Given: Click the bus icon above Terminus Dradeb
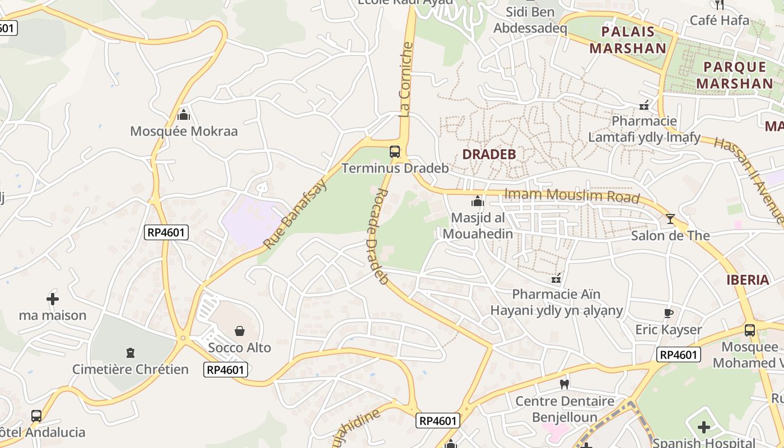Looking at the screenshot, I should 395,151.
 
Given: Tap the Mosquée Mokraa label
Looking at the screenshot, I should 184,132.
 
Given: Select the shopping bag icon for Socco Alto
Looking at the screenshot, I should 240,331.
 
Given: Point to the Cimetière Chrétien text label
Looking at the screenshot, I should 130,369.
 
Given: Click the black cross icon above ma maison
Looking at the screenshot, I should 53,299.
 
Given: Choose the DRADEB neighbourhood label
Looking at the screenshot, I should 489,154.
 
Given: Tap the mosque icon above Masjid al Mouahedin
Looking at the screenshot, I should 478,201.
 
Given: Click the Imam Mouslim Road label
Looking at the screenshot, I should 572,195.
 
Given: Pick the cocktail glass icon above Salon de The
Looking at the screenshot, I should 670,218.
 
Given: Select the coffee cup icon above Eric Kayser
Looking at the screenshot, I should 668,313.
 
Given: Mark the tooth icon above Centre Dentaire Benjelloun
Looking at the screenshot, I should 564,384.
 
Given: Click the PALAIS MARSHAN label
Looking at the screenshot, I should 628,40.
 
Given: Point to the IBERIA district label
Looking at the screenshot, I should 748,280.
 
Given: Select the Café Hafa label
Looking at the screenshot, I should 719,20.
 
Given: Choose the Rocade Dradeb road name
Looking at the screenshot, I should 379,235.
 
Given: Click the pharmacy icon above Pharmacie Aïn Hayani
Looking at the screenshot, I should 556,278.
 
